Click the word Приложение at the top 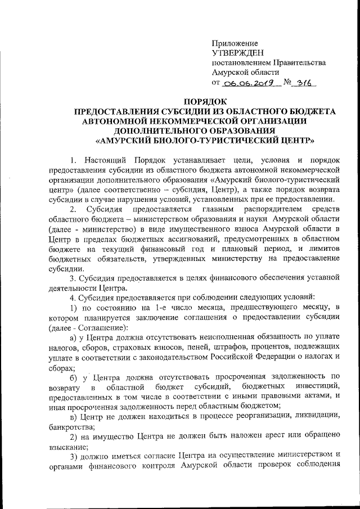tap(235, 43)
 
